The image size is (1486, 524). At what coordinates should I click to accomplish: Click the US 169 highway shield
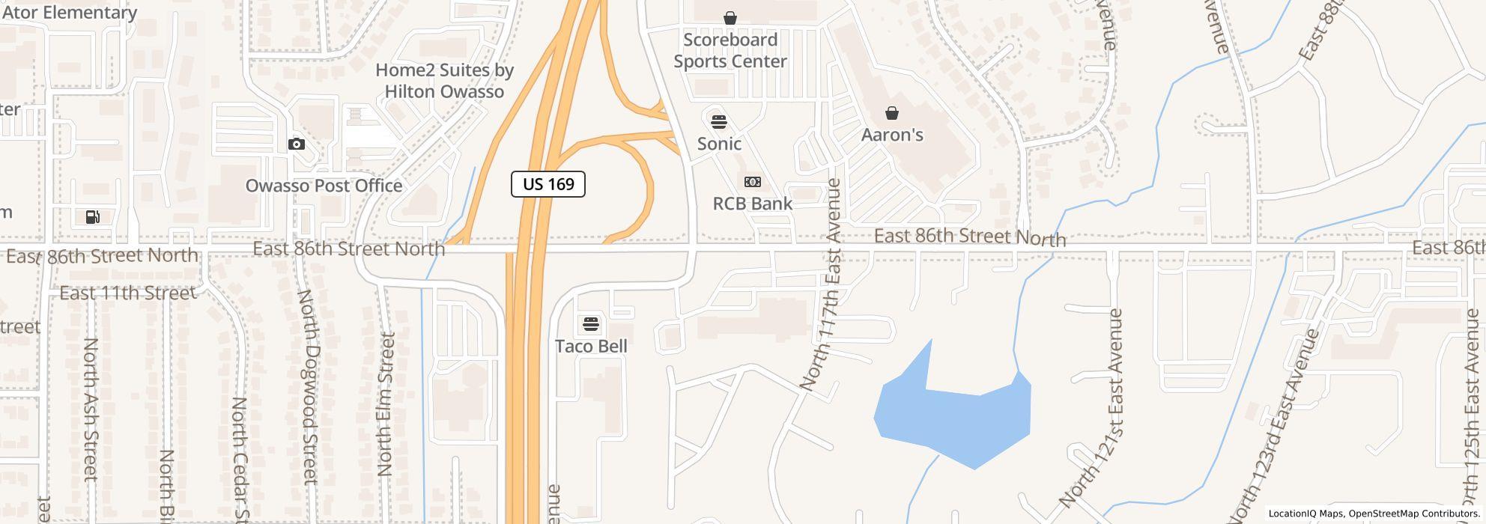pos(548,184)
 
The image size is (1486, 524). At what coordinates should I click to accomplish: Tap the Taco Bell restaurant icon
pos(591,324)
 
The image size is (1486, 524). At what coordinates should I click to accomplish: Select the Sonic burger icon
pos(719,121)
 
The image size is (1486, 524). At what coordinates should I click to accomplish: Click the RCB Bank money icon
pos(753,182)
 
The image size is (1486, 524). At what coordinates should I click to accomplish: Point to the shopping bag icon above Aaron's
pos(891,113)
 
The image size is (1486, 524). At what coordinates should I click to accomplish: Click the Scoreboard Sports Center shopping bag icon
pos(730,17)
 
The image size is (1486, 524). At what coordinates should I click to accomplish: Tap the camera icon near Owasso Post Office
pos(297,144)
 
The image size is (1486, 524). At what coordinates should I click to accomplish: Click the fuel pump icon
pos(93,217)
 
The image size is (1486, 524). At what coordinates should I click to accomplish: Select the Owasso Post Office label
pos(324,186)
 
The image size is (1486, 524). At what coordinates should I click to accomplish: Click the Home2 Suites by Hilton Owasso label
pos(444,81)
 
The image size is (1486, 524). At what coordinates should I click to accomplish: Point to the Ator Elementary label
pos(69,13)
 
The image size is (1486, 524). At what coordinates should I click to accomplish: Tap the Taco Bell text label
pos(591,346)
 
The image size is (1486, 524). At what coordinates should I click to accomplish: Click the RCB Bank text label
pos(752,203)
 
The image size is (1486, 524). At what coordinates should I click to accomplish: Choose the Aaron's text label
pos(891,135)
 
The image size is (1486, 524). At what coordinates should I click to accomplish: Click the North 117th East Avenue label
pos(821,284)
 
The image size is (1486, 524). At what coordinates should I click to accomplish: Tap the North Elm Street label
pos(385,404)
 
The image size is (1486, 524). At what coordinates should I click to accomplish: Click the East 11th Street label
pos(127,293)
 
